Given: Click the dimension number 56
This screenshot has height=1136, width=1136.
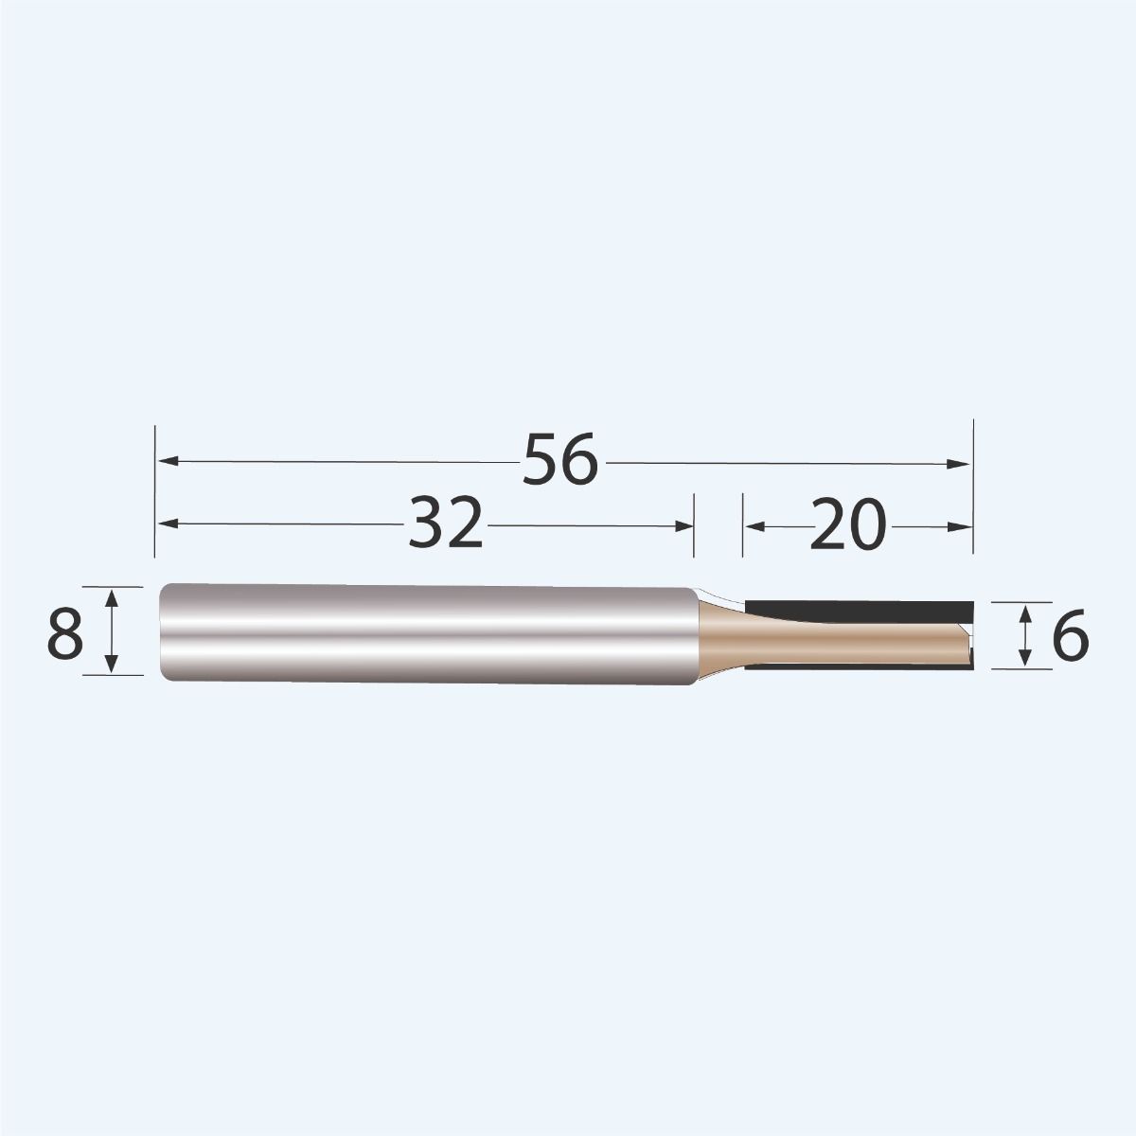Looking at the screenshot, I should pos(562,461).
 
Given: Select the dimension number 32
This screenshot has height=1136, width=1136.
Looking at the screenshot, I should pos(446,524).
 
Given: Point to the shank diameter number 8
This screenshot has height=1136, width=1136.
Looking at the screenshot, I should pos(64,633).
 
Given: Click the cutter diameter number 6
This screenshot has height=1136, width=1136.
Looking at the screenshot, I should pos(1070,637).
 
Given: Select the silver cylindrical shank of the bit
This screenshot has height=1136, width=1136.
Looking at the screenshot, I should pos(426,631).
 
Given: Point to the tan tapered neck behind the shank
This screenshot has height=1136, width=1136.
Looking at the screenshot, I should pos(724,634).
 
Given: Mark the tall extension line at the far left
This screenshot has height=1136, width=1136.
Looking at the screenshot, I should pos(154,492).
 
